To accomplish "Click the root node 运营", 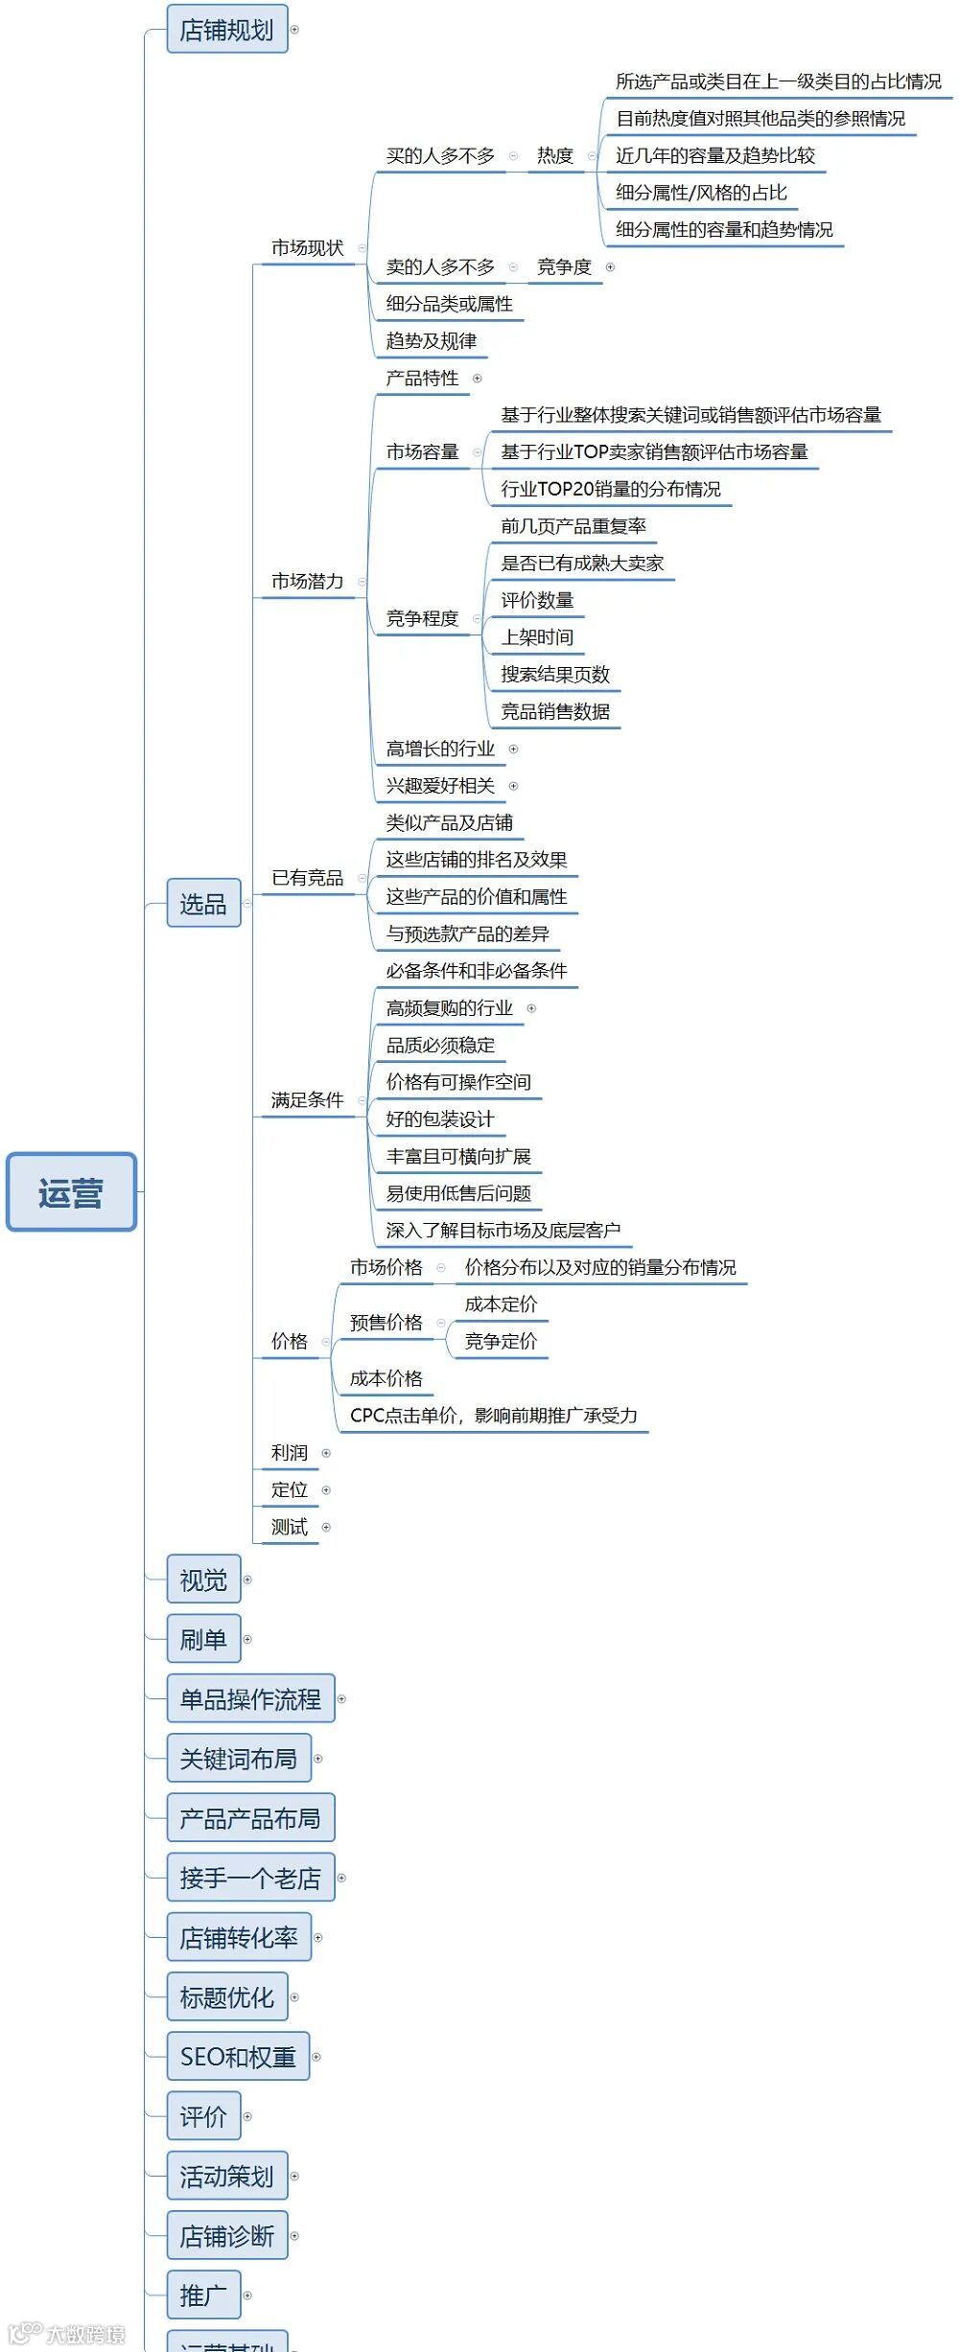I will (71, 1191).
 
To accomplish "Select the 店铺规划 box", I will (227, 30).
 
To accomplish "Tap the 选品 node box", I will (203, 903).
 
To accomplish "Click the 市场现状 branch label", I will (307, 248).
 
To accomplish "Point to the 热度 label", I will (554, 155).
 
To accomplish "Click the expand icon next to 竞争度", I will (610, 267).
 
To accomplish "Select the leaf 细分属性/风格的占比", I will (701, 193).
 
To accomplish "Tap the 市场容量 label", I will (422, 451).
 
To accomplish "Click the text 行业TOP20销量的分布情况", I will (610, 489).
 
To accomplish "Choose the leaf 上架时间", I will (537, 637).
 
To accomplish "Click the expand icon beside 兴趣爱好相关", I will (513, 786).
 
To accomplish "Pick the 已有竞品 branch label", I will (307, 878).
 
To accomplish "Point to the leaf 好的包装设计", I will (439, 1118).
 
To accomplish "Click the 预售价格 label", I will (386, 1323).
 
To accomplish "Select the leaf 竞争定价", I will (501, 1341).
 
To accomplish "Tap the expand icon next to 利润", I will (326, 1453).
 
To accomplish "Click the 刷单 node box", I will (203, 1639).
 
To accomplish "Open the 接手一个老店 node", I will (250, 1878).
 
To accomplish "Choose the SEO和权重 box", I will (238, 2057).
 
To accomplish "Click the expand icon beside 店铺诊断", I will (294, 2236).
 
